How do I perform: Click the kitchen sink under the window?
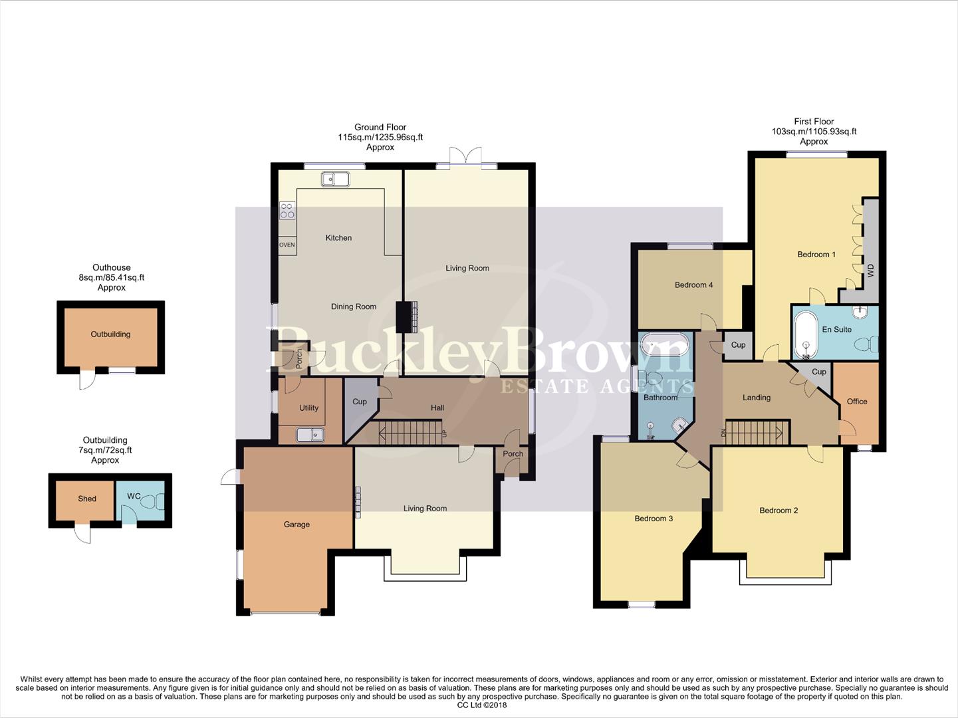point(334,178)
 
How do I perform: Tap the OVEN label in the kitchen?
point(287,245)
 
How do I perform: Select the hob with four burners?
point(287,211)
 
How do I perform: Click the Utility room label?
point(308,408)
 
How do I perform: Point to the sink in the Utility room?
point(310,435)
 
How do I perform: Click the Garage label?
point(297,525)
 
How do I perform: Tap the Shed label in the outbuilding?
point(87,499)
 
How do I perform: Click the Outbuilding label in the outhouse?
point(110,334)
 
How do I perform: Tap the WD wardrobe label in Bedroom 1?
point(870,270)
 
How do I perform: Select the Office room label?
point(856,402)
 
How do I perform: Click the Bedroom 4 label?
point(693,285)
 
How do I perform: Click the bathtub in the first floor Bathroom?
point(663,347)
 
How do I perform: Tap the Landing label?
point(756,398)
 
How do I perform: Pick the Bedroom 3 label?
point(653,519)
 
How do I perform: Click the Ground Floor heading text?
point(380,127)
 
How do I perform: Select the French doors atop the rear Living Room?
point(465,158)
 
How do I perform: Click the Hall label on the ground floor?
point(437,408)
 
